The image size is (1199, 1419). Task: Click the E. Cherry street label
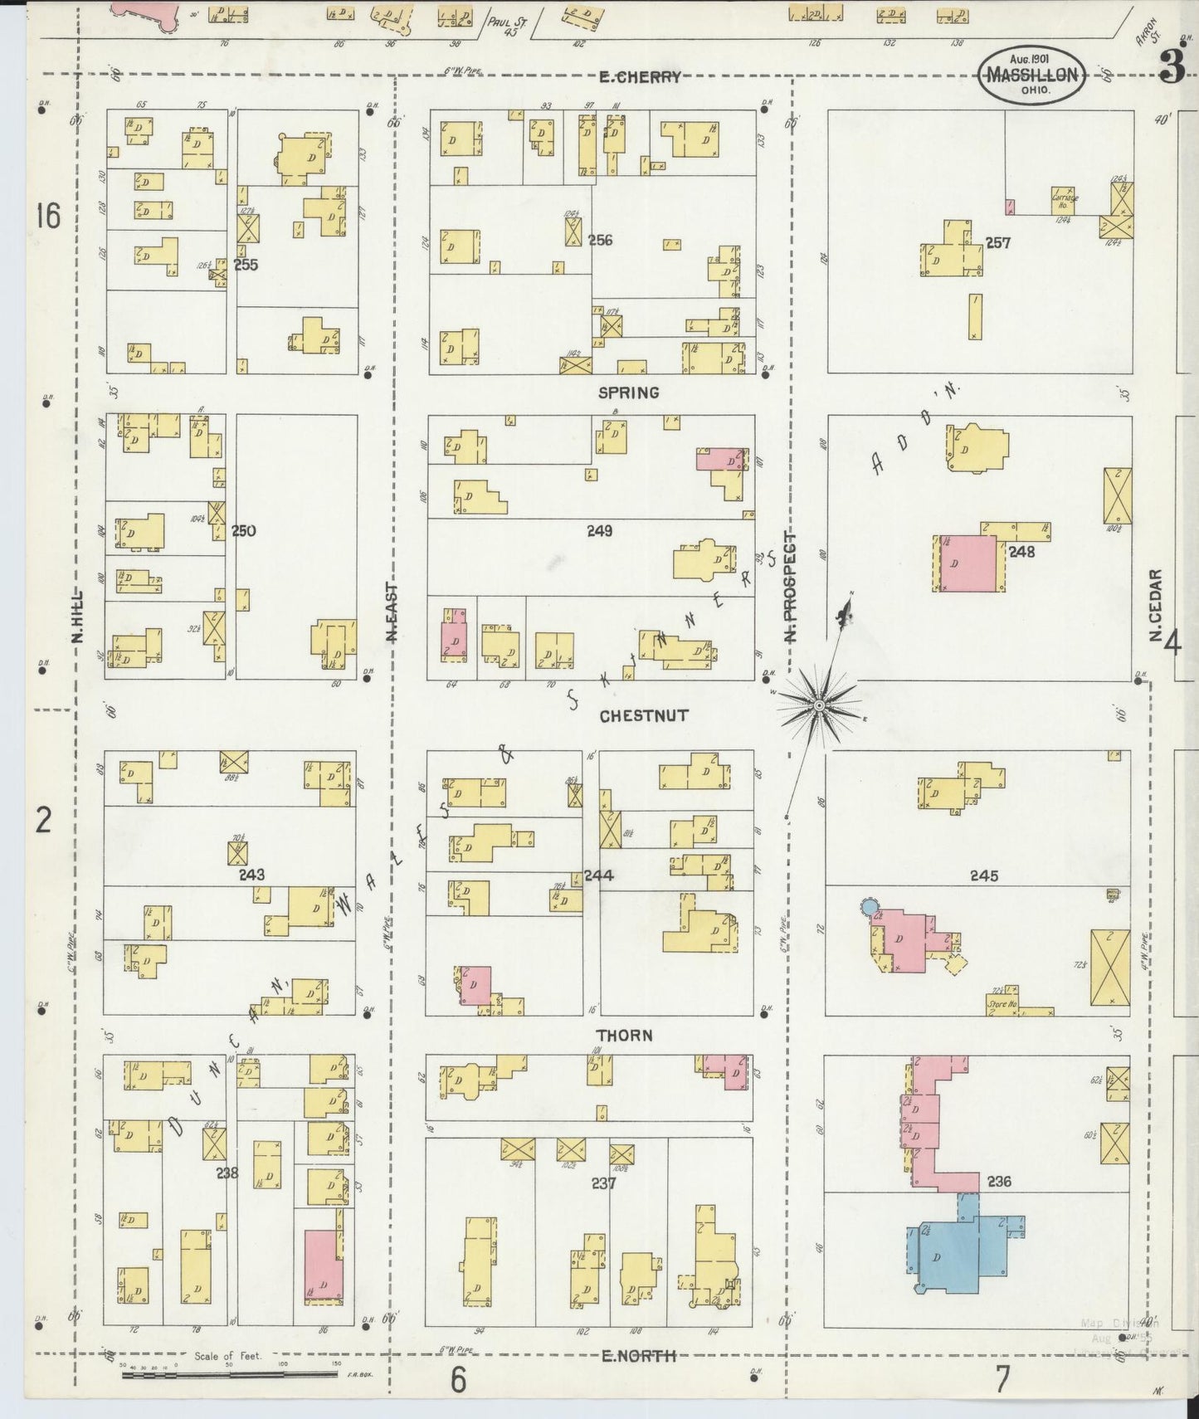640,77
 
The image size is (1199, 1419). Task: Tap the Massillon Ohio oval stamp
1032,76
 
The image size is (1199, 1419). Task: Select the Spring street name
629,393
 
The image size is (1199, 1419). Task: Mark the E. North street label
638,1355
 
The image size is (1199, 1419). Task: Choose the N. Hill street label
78,616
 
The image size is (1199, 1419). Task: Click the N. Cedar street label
1154,604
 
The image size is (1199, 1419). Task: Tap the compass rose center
819,705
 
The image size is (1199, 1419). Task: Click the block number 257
997,243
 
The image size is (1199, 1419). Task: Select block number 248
1021,551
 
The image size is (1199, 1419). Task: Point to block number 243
251,874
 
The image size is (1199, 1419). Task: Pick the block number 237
603,1182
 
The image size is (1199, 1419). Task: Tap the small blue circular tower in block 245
869,907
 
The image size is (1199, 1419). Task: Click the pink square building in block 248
969,563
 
